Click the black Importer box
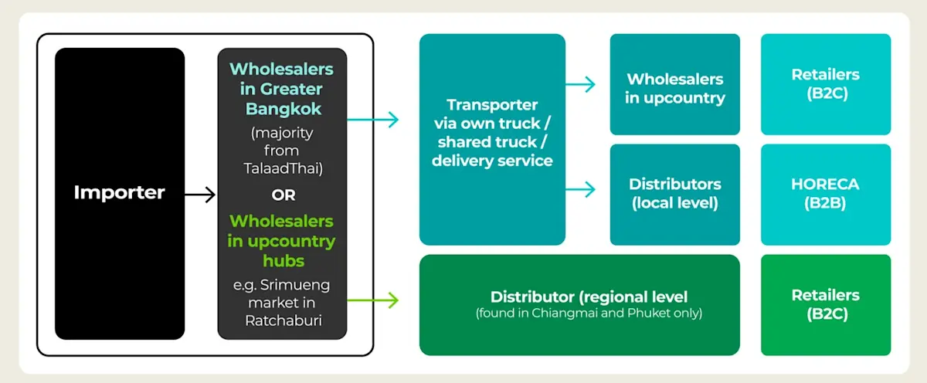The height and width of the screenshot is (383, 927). (x=120, y=193)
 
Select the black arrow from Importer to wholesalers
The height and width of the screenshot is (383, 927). (x=200, y=195)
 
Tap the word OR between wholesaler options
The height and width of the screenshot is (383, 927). (x=283, y=195)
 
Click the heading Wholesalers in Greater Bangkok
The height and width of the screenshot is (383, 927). (x=282, y=89)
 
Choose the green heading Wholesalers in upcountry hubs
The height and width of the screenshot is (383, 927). (x=282, y=241)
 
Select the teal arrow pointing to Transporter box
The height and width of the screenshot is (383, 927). (x=373, y=119)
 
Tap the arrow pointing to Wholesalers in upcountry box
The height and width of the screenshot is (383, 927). (x=581, y=84)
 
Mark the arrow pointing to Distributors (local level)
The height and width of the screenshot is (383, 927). (x=581, y=188)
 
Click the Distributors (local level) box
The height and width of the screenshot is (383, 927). (x=675, y=194)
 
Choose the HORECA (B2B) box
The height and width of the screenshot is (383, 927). (x=825, y=194)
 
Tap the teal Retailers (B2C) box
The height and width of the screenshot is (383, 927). (x=825, y=84)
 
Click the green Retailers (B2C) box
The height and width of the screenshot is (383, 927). (x=825, y=304)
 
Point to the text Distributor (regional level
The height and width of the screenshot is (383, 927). (x=589, y=297)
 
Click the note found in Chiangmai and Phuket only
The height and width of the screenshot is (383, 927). (x=589, y=313)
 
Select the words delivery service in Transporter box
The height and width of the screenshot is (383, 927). (x=492, y=161)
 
